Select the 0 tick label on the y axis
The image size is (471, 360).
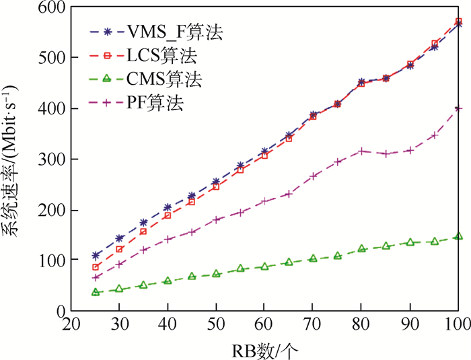[x=59, y=311]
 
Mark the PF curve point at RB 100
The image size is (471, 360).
[x=458, y=108]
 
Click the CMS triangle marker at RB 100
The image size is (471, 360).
[x=458, y=236]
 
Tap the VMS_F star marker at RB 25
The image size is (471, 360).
[x=96, y=256]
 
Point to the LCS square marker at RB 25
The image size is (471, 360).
[x=96, y=267]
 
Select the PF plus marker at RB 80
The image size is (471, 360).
[x=361, y=151]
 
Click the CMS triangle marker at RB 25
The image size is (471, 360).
[x=96, y=292]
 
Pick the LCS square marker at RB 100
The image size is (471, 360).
[x=458, y=22]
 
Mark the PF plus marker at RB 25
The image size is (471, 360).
[x=96, y=277]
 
